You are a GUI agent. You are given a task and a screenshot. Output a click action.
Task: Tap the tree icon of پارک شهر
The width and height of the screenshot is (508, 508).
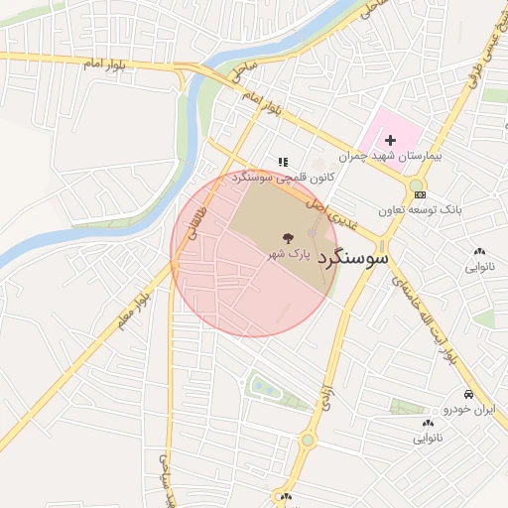[287, 238]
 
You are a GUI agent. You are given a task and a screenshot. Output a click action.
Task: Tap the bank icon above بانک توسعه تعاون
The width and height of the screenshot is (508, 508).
[421, 195]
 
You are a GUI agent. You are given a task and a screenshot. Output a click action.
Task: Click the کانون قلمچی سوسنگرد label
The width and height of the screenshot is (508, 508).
[273, 177]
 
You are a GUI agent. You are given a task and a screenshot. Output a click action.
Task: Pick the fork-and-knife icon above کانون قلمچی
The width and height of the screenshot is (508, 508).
[283, 161]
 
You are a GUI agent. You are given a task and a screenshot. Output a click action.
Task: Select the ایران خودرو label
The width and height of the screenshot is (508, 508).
[468, 409]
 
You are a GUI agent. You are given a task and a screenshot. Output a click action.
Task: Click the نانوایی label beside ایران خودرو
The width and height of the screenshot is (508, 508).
[424, 436]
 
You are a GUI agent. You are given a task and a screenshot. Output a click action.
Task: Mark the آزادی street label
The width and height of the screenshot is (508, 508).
[323, 399]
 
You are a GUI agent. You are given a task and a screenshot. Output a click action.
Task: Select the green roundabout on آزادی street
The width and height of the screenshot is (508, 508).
[309, 440]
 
